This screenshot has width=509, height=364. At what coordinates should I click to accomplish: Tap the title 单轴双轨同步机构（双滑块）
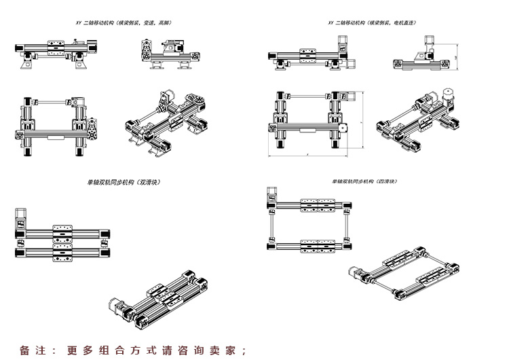pyautogui.click(x=123, y=182)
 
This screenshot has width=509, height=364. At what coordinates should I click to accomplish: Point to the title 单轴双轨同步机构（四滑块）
pyautogui.click(x=363, y=182)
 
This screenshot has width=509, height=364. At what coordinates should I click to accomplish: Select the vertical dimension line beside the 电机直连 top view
pyautogui.click(x=362, y=122)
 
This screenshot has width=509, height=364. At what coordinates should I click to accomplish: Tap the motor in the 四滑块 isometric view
pyautogui.click(x=357, y=272)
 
